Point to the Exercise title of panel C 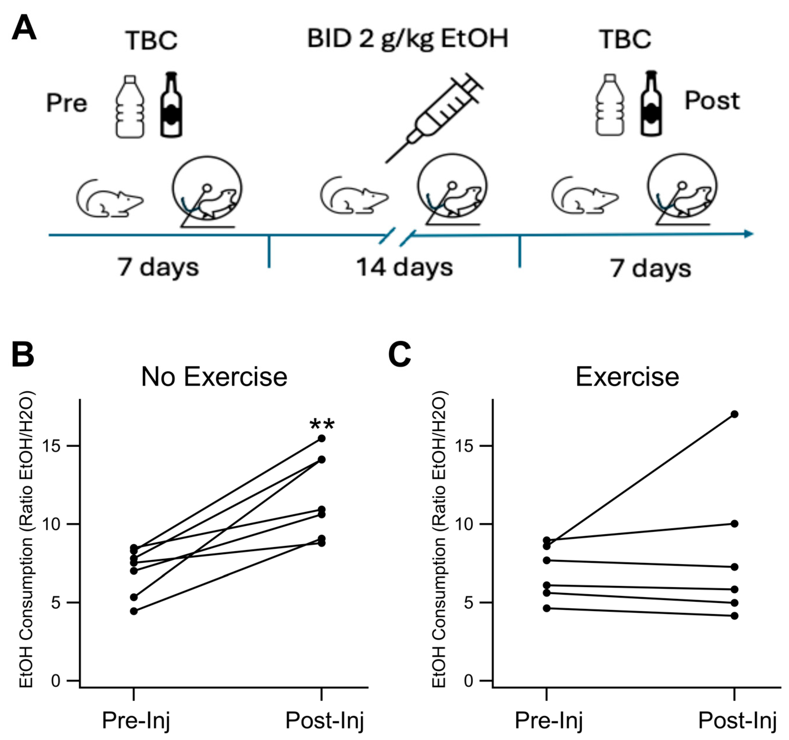click(627, 377)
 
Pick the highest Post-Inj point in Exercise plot click(735, 414)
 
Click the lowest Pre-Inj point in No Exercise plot click(134, 611)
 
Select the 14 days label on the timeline click(404, 267)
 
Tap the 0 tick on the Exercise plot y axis click(468, 681)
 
